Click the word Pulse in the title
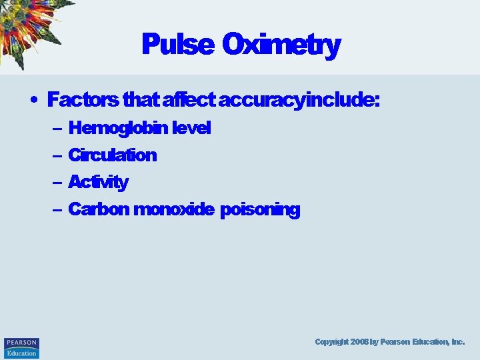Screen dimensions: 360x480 tap(177, 45)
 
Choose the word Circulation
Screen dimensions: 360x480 tap(113, 155)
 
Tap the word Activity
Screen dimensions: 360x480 tap(98, 182)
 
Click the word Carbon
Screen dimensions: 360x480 tap(98, 209)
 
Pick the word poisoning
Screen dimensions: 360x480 tap(260, 209)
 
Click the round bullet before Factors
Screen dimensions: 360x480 tap(33, 101)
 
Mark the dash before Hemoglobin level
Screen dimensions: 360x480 tap(55, 129)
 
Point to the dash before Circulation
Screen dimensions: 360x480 tap(55, 156)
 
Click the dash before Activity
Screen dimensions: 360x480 tap(55, 183)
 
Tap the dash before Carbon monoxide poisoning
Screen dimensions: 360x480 tap(55, 210)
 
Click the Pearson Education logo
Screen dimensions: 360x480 tap(21, 347)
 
